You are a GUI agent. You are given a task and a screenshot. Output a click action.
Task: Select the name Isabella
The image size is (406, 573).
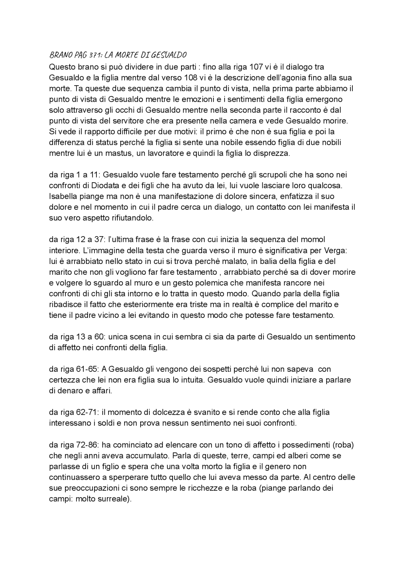click(62, 196)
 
